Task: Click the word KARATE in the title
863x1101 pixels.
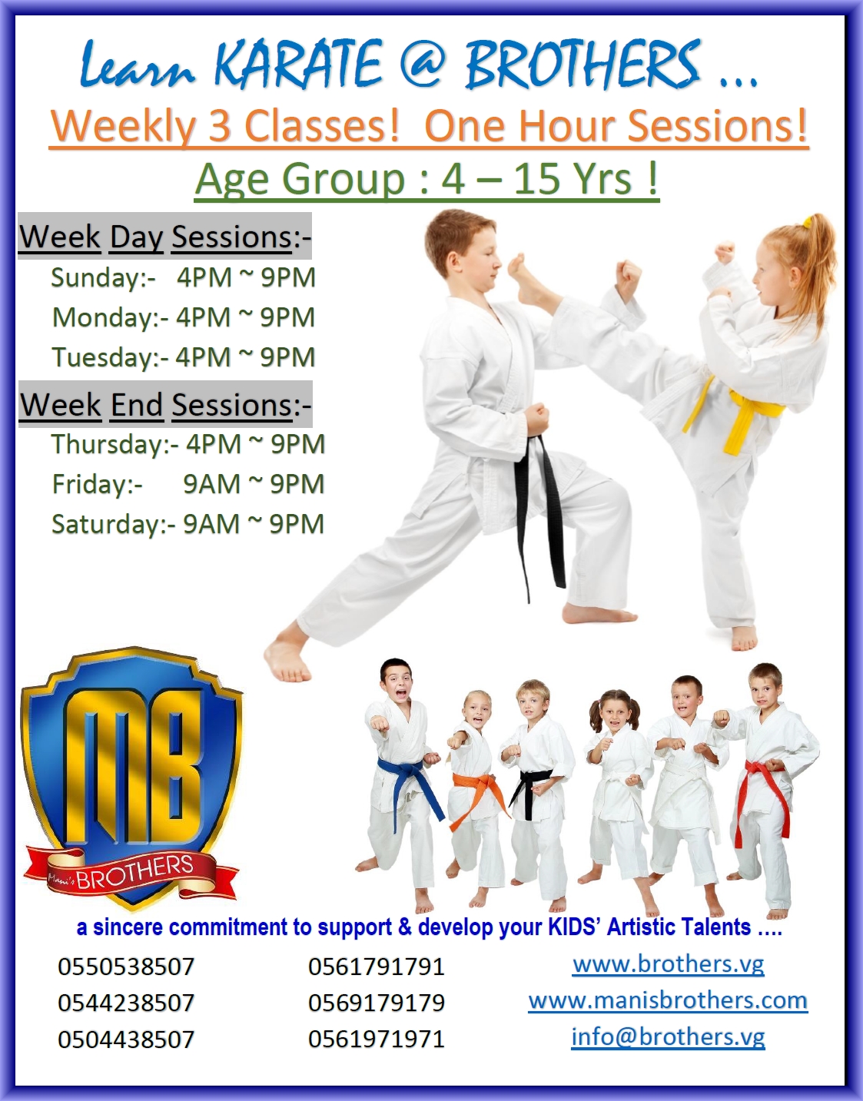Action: [x=298, y=65]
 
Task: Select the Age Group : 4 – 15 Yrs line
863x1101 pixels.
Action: [x=427, y=179]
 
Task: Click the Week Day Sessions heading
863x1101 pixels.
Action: [x=164, y=237]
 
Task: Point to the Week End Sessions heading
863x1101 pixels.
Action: [x=165, y=405]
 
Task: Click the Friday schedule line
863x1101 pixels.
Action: [x=188, y=484]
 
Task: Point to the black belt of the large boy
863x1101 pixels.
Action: [x=538, y=499]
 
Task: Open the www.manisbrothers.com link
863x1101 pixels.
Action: [x=668, y=1000]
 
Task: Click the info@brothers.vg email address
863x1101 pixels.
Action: [x=668, y=1036]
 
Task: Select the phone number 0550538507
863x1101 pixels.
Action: [x=126, y=967]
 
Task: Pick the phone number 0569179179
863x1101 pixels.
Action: [x=377, y=1003]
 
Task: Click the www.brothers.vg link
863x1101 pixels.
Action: [x=668, y=964]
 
